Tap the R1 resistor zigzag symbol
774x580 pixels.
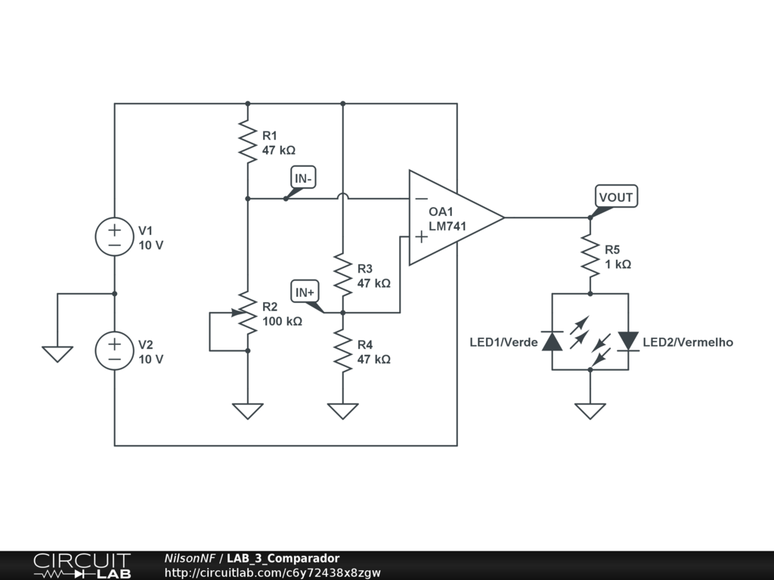pyautogui.click(x=248, y=141)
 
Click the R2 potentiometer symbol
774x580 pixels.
pyautogui.click(x=247, y=313)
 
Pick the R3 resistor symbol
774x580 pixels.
pyautogui.click(x=343, y=275)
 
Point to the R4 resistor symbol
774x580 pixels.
pyautogui.click(x=343, y=350)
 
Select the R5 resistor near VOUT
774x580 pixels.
pyautogui.click(x=590, y=255)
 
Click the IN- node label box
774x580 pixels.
pyautogui.click(x=303, y=177)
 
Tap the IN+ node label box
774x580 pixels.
pyautogui.click(x=305, y=292)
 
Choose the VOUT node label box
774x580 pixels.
pyautogui.click(x=616, y=197)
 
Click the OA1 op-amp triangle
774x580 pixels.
pyautogui.click(x=457, y=217)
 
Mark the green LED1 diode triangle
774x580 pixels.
pyautogui.click(x=553, y=341)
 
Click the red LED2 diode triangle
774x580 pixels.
pyautogui.click(x=628, y=341)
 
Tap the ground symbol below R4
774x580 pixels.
pyautogui.click(x=343, y=411)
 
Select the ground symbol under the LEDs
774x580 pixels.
pyautogui.click(x=590, y=411)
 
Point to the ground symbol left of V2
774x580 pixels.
pyautogui.click(x=57, y=354)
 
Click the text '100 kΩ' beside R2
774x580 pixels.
pyautogui.click(x=282, y=322)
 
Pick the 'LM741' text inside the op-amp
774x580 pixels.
pyautogui.click(x=447, y=227)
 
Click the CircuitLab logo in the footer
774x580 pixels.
pyautogui.click(x=82, y=566)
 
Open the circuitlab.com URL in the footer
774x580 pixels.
pyautogui.click(x=272, y=572)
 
